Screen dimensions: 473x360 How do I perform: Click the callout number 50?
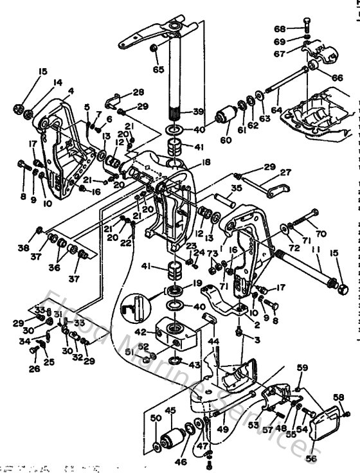[x=155, y=418]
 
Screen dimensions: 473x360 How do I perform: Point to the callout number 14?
[x=58, y=82]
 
